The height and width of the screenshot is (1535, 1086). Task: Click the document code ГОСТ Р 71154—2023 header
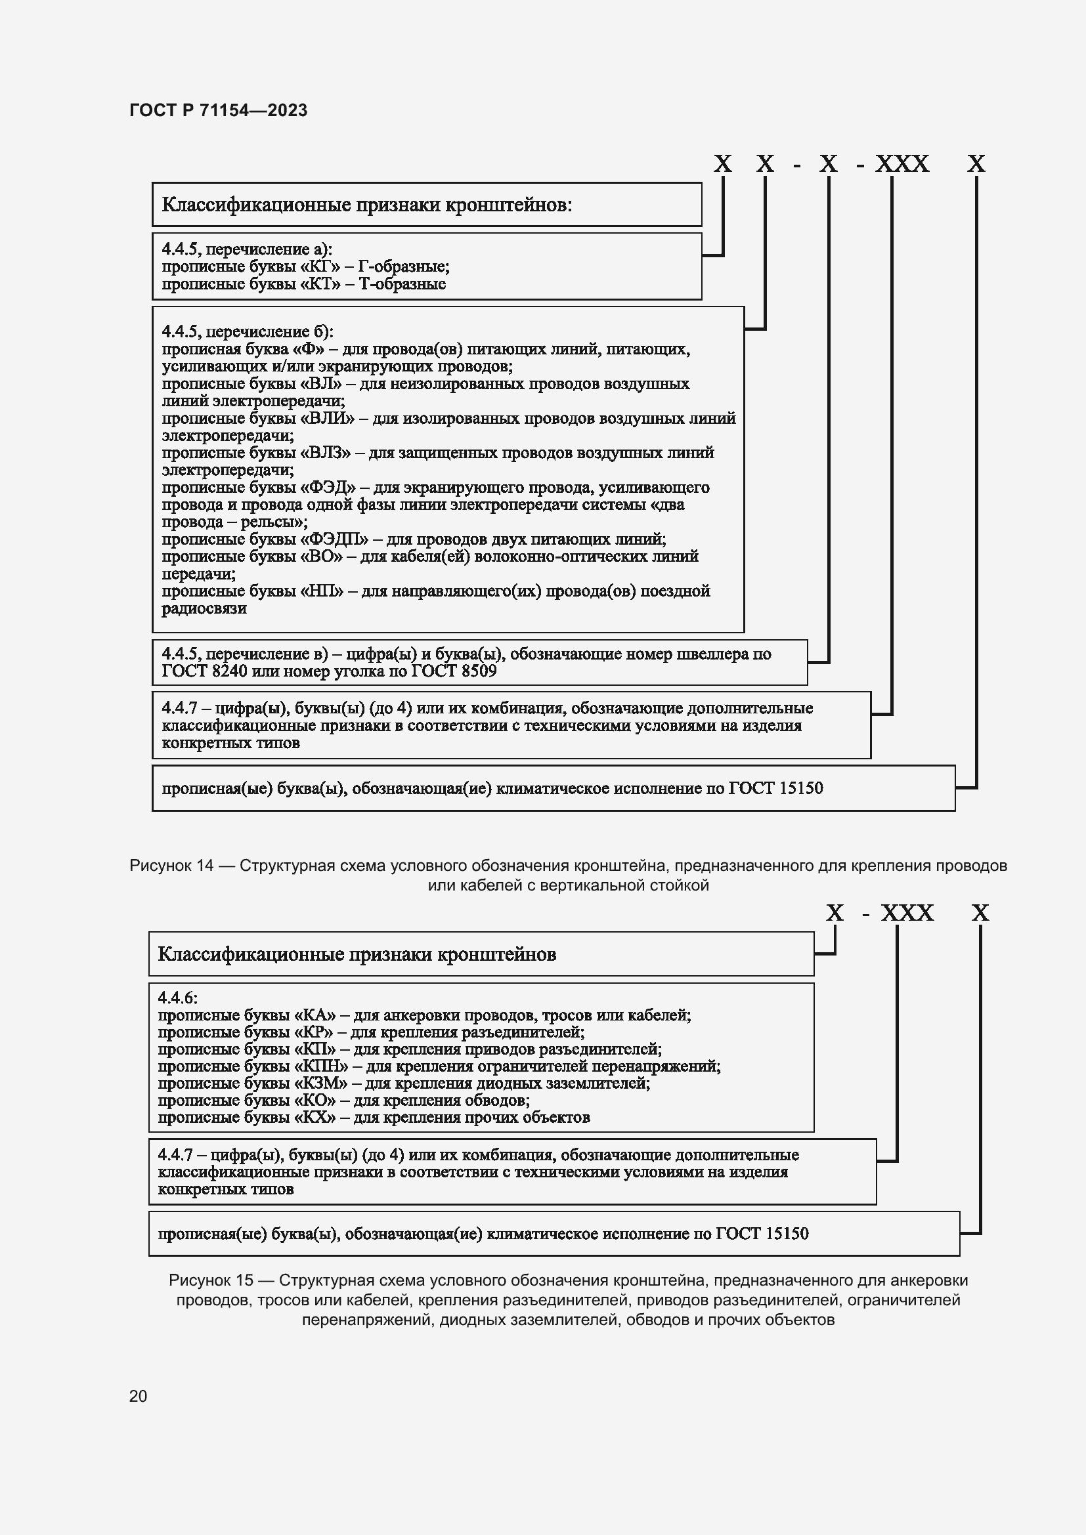pos(218,110)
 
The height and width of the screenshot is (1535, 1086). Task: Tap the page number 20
pos(138,1396)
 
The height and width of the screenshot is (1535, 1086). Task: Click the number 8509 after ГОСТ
pos(479,671)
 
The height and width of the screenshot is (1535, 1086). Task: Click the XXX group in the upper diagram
pos(902,164)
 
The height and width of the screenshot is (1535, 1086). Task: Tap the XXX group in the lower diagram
pos(907,914)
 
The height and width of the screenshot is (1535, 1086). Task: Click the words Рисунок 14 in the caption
pos(171,866)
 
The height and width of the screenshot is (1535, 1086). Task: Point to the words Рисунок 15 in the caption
pos(211,1280)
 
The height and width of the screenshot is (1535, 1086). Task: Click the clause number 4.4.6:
pos(177,998)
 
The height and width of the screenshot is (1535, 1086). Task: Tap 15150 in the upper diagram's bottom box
pos(800,789)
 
